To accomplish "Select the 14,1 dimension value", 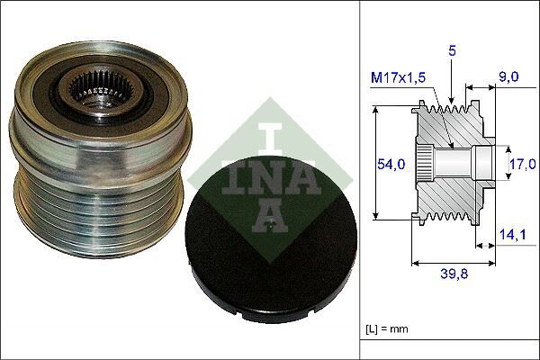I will tap(514, 236).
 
